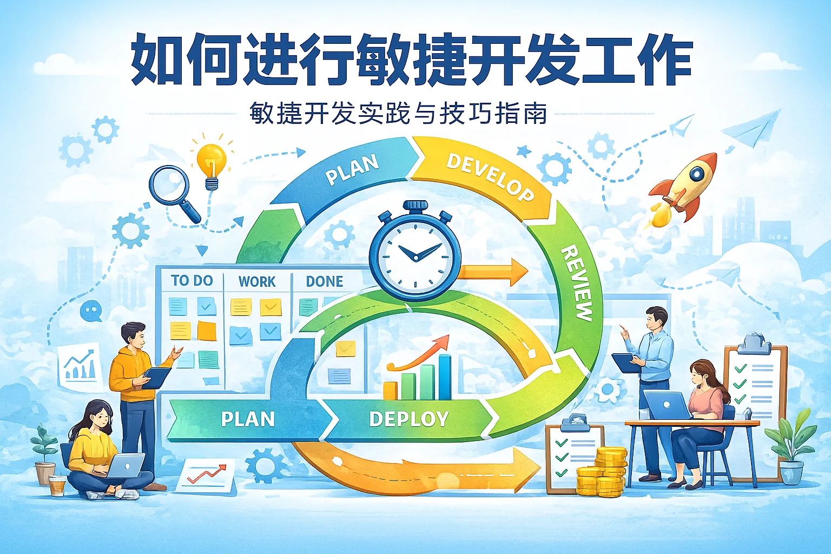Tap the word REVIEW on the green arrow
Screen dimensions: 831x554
tap(576, 283)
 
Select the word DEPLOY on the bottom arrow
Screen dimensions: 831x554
tap(409, 419)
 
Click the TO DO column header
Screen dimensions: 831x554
tap(192, 280)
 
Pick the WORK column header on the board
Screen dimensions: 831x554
tap(257, 281)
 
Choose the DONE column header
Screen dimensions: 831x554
tap(325, 281)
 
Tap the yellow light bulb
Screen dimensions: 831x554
tap(211, 159)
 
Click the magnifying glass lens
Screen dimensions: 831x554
tap(169, 184)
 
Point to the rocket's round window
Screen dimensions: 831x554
tap(696, 173)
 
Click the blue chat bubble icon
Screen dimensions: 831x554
tap(90, 311)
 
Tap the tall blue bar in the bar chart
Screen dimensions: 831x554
tap(444, 376)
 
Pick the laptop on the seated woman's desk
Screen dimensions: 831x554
tap(667, 406)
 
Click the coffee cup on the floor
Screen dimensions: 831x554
tap(57, 485)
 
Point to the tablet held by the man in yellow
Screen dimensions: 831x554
tap(157, 377)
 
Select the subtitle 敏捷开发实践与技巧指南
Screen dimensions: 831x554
tap(398, 114)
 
